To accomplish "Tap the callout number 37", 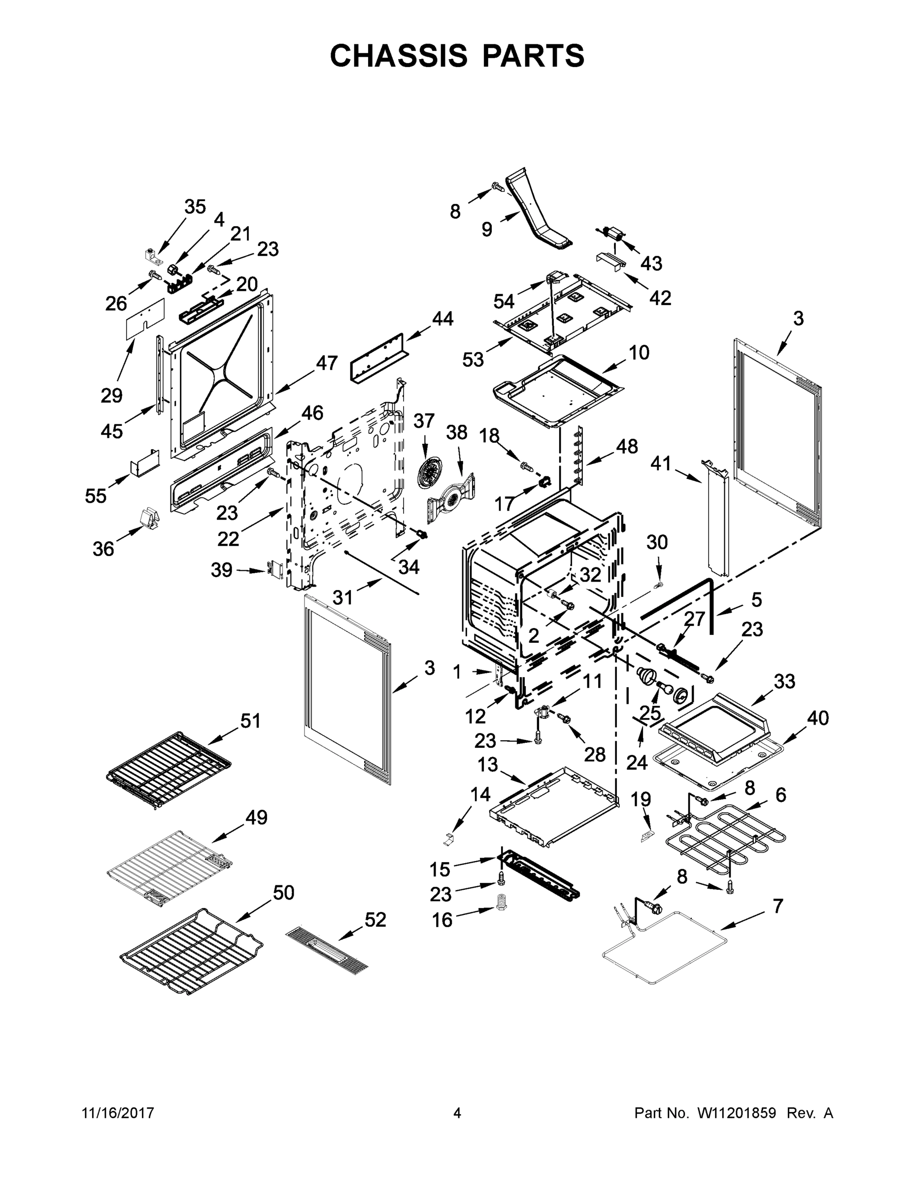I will [x=424, y=420].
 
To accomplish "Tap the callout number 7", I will [x=778, y=905].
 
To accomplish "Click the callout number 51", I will [x=250, y=721].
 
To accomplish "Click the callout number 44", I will [x=442, y=318].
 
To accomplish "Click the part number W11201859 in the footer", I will [x=737, y=1113].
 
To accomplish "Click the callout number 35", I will [x=195, y=207].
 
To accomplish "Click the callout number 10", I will [x=639, y=352].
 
